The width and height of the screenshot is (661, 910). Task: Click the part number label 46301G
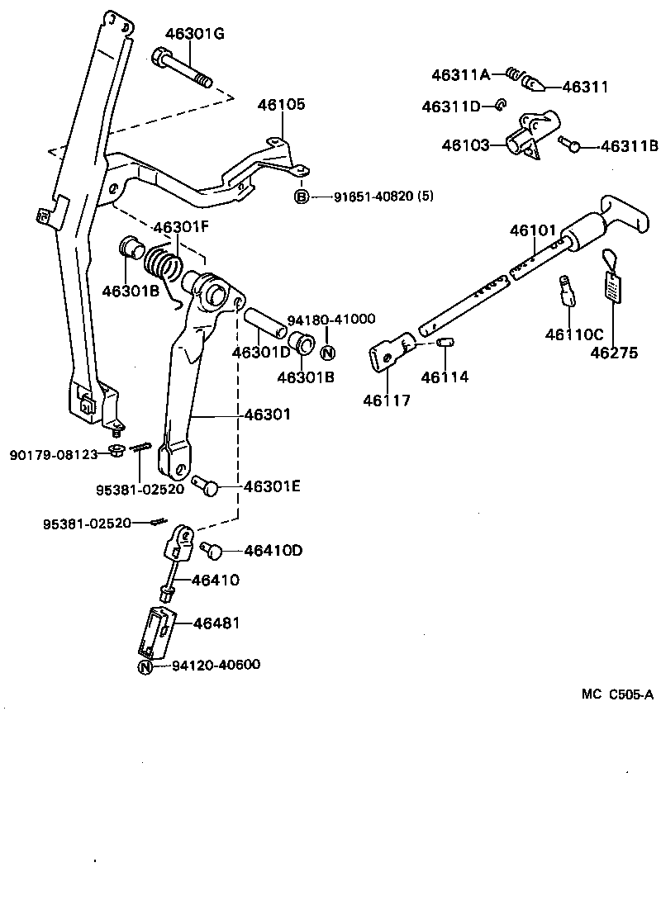[x=194, y=34]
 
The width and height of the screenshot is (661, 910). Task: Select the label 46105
[x=281, y=105]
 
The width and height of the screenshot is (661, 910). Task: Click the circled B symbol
[x=302, y=197]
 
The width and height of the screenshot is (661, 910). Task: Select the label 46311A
[x=460, y=74]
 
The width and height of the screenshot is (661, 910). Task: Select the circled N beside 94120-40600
[x=145, y=666]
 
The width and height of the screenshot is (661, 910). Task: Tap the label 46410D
[x=273, y=550]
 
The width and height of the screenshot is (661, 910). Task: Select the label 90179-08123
[x=54, y=453]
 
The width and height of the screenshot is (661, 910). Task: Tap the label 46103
[x=466, y=145]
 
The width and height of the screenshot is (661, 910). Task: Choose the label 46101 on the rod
[x=533, y=230]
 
